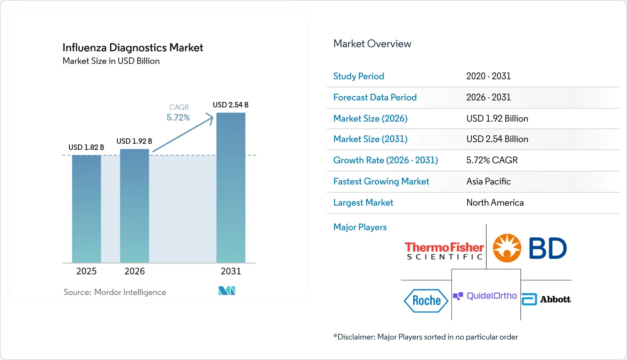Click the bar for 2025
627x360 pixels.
tap(86, 209)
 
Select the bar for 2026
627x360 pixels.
tap(135, 206)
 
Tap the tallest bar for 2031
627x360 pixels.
tap(231, 188)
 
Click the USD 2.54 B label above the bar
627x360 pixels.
tap(231, 105)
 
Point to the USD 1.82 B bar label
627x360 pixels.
tap(86, 147)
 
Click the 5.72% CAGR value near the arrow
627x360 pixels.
tap(178, 117)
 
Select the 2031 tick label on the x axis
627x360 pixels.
tap(231, 271)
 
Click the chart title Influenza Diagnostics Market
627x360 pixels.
tap(133, 47)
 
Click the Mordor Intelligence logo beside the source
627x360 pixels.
tap(227, 291)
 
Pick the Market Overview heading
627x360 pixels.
tap(372, 44)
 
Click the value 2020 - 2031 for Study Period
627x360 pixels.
tap(488, 76)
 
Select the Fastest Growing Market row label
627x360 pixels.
tap(381, 181)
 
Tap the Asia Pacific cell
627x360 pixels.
tap(488, 181)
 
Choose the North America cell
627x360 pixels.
tap(495, 203)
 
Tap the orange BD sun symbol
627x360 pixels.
tap(507, 248)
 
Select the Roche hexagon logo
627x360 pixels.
tap(426, 301)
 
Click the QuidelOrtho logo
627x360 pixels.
tap(485, 296)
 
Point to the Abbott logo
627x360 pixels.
tap(546, 299)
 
